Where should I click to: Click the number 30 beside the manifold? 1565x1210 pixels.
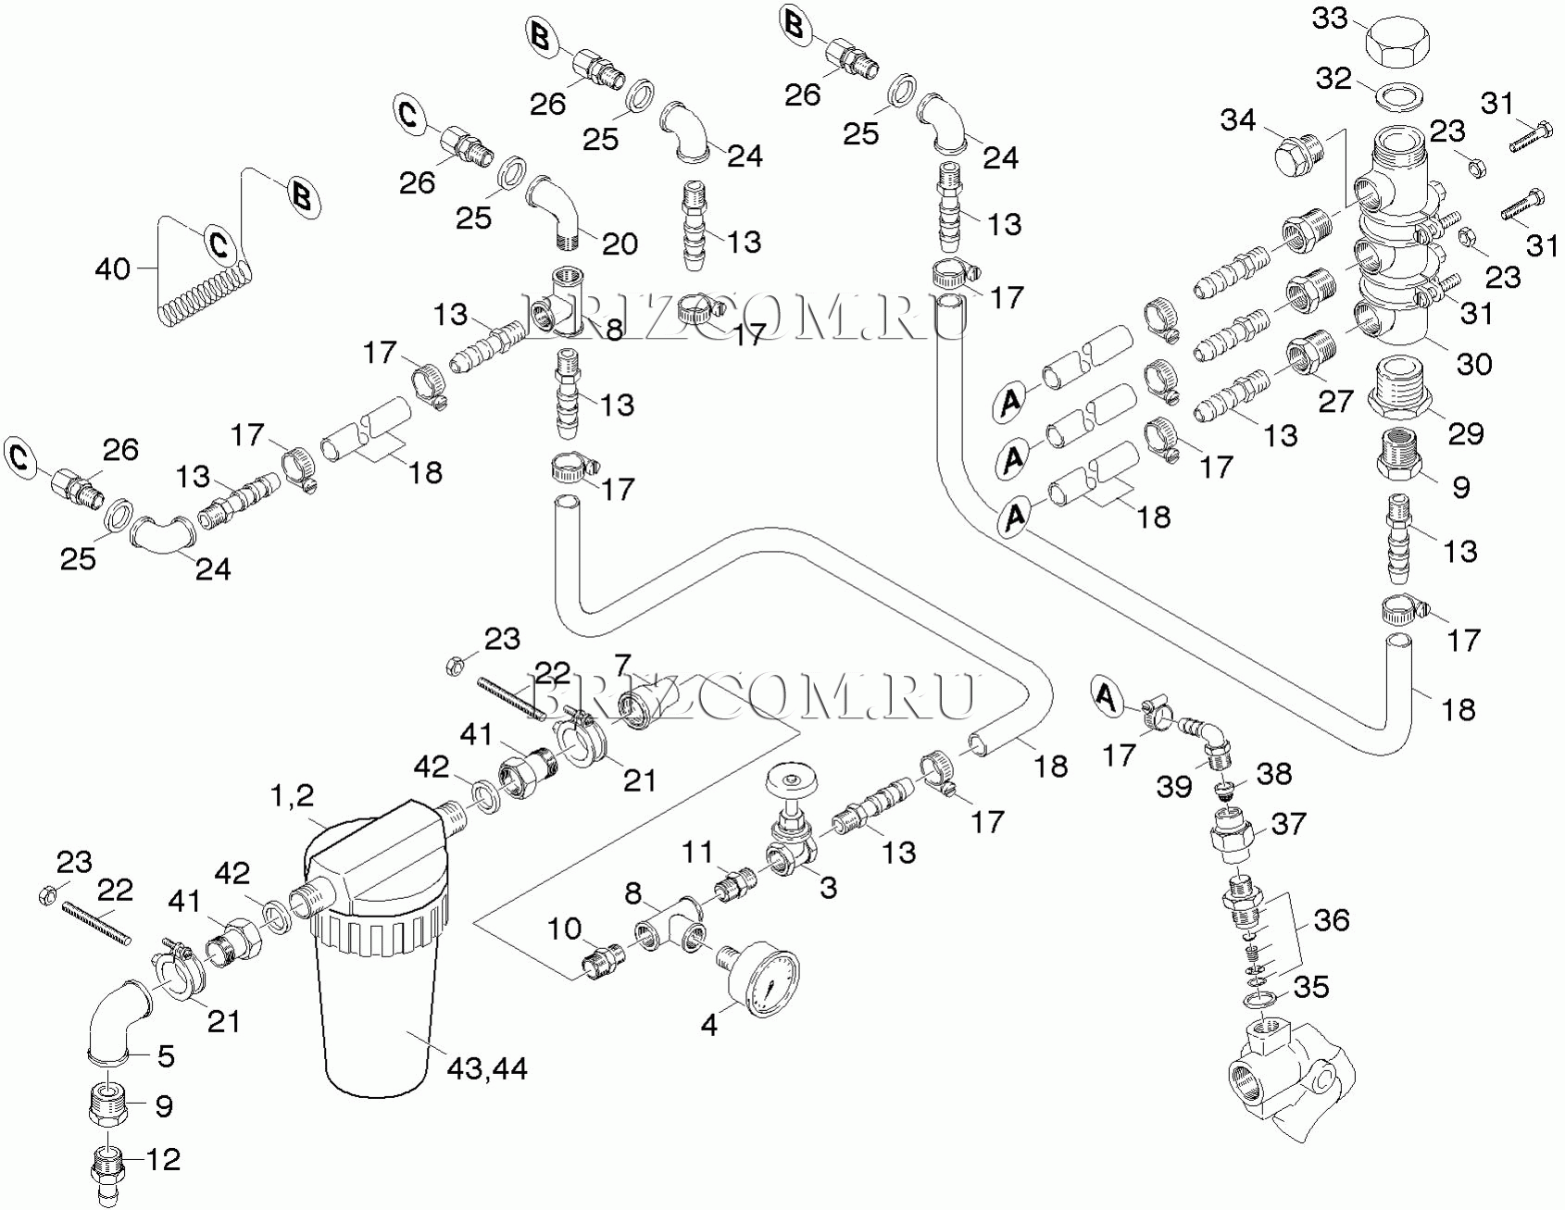[1474, 364]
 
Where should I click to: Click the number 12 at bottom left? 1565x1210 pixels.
[164, 1159]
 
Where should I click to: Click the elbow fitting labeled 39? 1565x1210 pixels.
[1208, 738]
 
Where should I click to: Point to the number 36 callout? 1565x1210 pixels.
[1331, 920]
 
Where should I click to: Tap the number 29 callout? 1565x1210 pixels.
[1465, 433]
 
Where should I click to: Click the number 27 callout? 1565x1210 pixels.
[1335, 400]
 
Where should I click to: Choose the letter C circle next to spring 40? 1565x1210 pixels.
[219, 244]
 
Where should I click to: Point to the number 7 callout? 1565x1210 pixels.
[621, 665]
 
